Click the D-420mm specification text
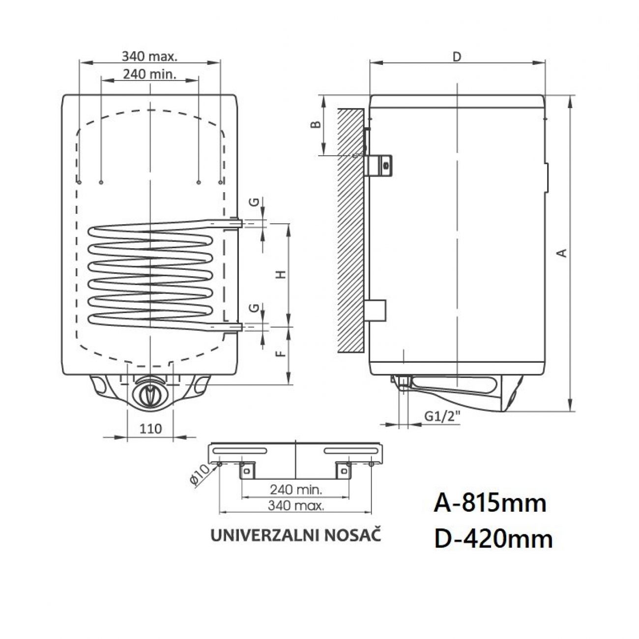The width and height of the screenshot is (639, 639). [493, 539]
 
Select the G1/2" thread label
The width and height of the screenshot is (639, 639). [442, 417]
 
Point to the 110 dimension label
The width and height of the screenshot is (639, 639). [150, 429]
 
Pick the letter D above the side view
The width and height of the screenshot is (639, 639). [457, 57]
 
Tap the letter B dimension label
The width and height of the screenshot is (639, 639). [318, 124]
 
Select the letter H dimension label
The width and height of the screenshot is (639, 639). [281, 274]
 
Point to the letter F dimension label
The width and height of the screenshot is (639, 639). [281, 353]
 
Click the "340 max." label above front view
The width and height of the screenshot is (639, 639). [149, 57]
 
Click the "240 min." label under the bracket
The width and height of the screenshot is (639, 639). [295, 490]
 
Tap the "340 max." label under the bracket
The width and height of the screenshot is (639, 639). [295, 506]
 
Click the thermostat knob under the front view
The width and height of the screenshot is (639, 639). [149, 393]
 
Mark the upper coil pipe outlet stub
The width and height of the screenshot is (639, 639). [236, 224]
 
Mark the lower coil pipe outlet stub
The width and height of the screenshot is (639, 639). [236, 326]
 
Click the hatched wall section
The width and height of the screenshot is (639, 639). [350, 231]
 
